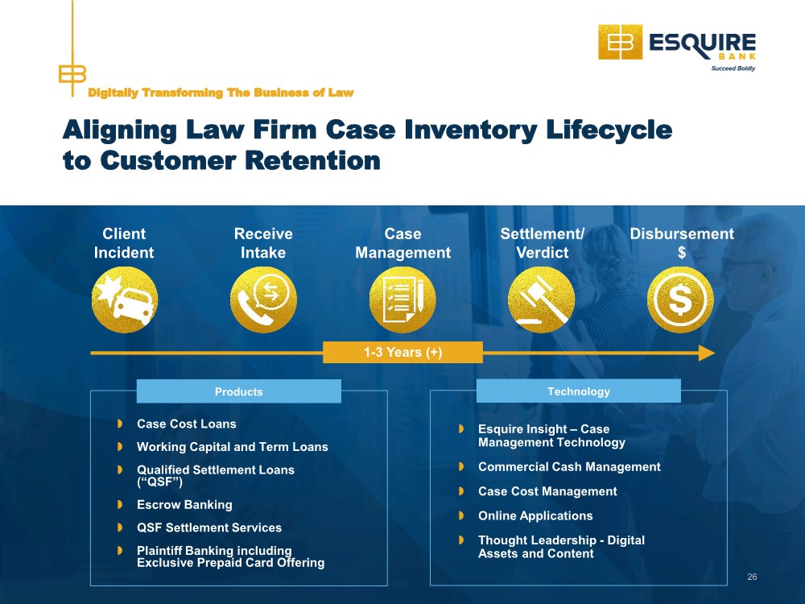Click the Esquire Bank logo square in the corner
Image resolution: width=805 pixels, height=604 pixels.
(620, 42)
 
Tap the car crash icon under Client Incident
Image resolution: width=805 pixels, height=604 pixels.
(125, 300)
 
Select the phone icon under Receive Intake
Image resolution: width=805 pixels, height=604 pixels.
(263, 300)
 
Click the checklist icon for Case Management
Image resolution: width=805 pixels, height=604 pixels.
(402, 300)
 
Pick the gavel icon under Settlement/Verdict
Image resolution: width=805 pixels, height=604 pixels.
(541, 300)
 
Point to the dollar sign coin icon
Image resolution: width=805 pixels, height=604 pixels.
(680, 300)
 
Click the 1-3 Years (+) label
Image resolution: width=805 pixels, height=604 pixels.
(403, 353)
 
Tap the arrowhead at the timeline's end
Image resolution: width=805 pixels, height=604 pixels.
(707, 353)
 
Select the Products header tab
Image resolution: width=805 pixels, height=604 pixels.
(239, 391)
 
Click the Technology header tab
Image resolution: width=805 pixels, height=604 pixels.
(579, 391)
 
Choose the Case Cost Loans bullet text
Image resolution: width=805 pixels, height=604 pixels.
(187, 424)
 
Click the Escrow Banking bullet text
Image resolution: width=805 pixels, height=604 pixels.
(184, 505)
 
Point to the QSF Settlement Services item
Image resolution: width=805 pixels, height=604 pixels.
(209, 527)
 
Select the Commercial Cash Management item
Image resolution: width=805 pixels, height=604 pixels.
(569, 467)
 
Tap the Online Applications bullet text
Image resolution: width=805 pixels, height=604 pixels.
(535, 515)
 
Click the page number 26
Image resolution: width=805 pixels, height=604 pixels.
(752, 577)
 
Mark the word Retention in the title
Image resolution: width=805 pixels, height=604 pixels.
(312, 160)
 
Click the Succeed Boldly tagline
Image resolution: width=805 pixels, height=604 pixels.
(733, 68)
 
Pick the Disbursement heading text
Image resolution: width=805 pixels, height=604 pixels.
(682, 234)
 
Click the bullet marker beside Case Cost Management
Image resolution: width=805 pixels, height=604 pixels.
(461, 491)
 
